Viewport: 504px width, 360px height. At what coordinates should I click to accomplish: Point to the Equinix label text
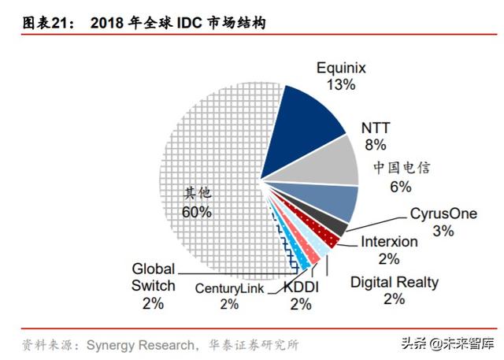point(343,69)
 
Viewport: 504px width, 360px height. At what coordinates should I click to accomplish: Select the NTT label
point(375,128)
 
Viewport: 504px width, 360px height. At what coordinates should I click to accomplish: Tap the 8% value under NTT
point(375,144)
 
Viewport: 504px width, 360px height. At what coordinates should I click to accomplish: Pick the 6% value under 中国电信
point(401,187)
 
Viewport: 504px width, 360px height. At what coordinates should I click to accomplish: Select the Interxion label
point(389,242)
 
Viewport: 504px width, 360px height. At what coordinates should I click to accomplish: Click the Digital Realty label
point(395,281)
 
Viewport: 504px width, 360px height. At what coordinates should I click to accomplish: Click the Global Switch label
point(154,277)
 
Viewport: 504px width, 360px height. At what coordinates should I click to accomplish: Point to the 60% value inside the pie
point(196,211)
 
